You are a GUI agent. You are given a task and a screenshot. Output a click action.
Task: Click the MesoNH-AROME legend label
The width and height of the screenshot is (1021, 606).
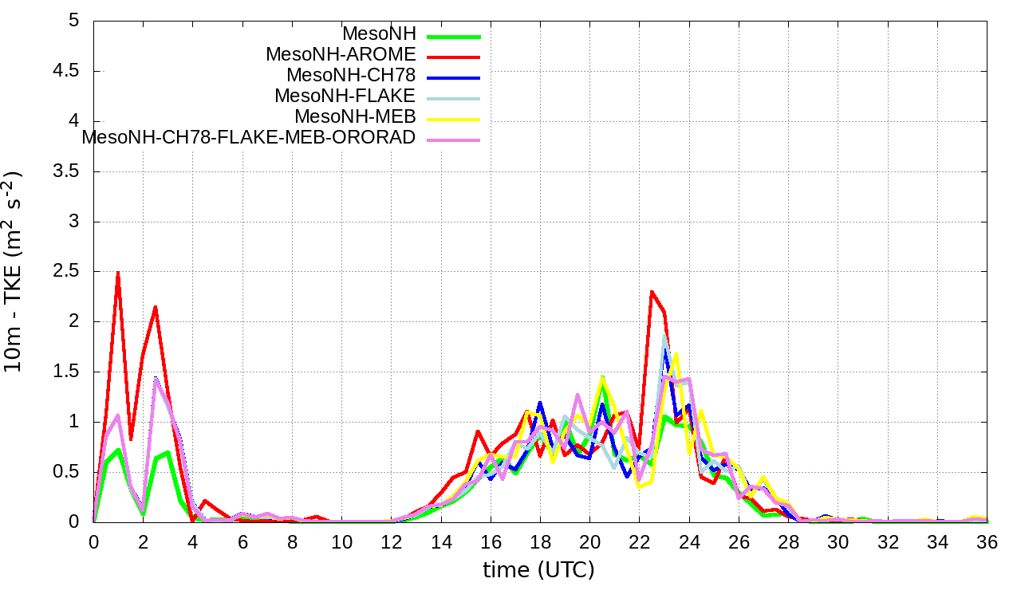pos(341,55)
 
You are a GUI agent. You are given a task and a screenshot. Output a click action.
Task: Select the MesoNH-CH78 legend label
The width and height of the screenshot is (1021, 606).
pos(351,76)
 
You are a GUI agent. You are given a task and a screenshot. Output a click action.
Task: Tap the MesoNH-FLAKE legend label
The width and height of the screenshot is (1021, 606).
pos(345,96)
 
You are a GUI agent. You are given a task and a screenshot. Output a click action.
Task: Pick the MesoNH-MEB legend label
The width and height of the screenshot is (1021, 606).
pos(356,117)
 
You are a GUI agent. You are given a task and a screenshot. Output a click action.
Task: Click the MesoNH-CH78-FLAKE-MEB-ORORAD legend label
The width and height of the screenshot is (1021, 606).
pos(249,138)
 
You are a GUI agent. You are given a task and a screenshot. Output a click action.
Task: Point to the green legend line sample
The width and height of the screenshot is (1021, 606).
pos(454,36)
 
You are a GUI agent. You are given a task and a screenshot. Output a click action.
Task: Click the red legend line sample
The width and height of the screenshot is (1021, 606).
pos(454,57)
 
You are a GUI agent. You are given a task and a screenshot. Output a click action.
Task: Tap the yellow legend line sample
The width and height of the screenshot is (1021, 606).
pos(454,119)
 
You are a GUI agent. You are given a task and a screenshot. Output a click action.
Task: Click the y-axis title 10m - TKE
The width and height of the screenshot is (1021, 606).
pos(15,271)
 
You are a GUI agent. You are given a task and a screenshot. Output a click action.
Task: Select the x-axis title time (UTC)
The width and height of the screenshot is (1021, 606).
pos(538,570)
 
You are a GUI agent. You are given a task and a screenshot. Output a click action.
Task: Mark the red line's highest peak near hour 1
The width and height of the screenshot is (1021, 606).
pos(118,272)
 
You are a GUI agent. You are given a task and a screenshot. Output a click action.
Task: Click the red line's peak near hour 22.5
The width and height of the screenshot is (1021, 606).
pos(652,292)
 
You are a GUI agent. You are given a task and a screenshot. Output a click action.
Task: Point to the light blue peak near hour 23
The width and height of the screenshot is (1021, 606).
pos(664,337)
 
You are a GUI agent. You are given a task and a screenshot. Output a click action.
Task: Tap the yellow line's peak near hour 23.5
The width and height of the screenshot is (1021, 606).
pos(676,354)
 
